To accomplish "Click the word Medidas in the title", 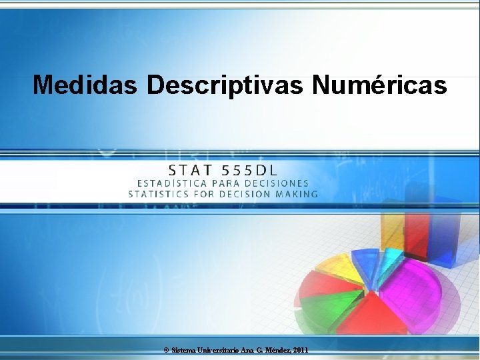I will coord(86,85).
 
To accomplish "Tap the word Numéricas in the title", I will coord(379,85).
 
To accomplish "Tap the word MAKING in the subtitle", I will coord(297,195).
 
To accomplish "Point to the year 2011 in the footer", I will coord(300,350).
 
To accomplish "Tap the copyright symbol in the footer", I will coord(166,350).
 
